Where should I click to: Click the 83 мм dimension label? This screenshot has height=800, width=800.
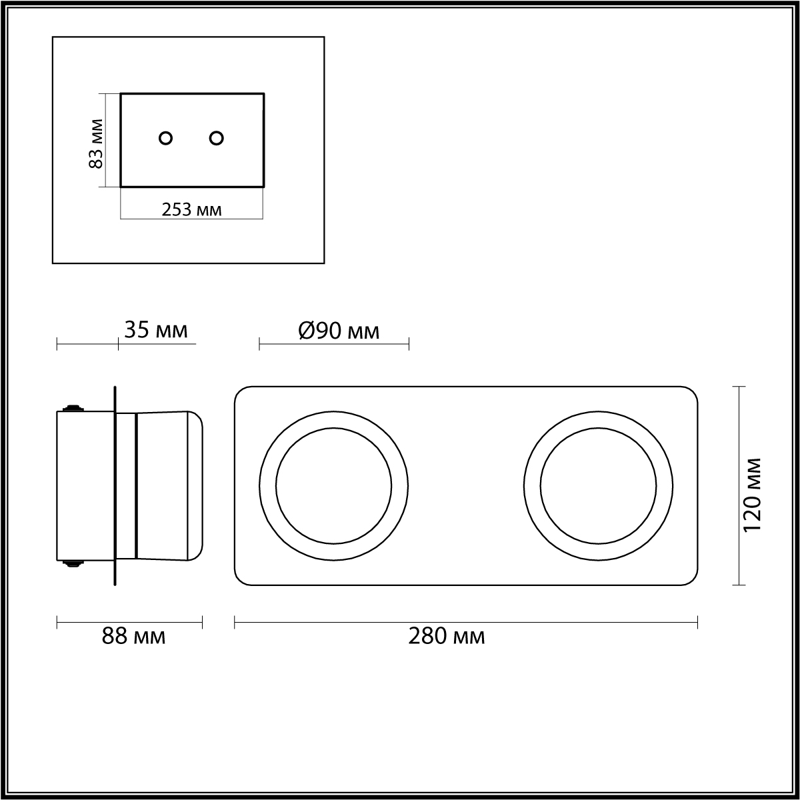(x=96, y=143)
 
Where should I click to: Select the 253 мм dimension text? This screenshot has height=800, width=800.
(x=191, y=210)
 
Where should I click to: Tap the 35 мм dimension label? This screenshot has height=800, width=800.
(x=156, y=331)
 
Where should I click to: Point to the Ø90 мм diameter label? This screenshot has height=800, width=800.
(x=339, y=331)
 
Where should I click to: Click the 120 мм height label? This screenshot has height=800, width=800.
(x=752, y=495)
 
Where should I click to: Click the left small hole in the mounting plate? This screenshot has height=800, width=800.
(x=165, y=138)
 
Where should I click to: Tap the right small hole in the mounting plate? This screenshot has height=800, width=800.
(x=216, y=138)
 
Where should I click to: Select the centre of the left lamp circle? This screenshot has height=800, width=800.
(x=334, y=486)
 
